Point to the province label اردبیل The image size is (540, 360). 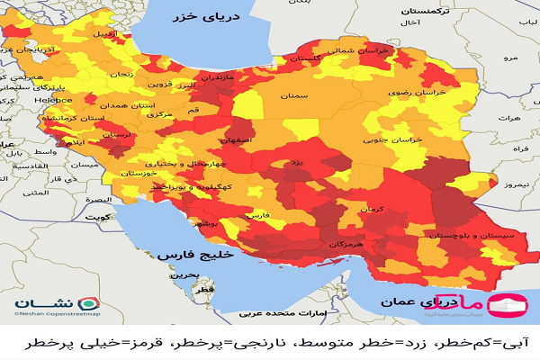click(103, 34)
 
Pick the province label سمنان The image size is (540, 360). click(294, 94)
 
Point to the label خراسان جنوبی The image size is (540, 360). click(394, 140)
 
